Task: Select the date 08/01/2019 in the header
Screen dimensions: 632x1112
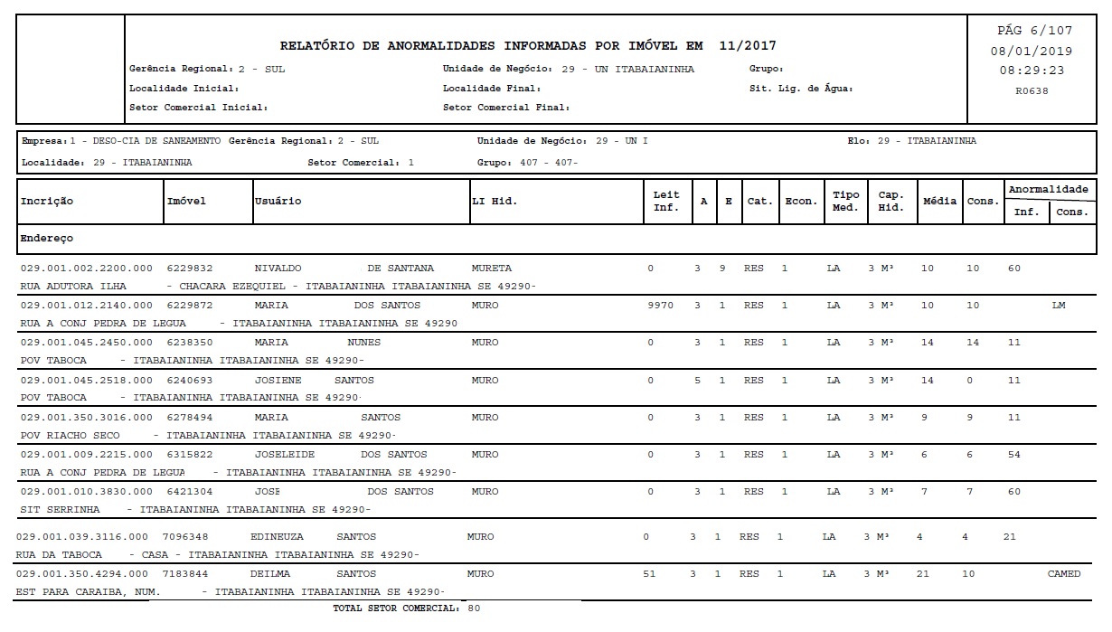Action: (x=1032, y=51)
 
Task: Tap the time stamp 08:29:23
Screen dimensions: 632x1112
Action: (x=1032, y=71)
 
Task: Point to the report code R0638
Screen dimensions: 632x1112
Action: (x=1032, y=90)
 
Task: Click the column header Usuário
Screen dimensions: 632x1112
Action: (x=278, y=201)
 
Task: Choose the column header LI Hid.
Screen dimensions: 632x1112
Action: (x=495, y=201)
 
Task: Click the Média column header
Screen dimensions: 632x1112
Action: (x=939, y=201)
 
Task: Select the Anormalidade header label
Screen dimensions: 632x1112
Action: (x=1048, y=190)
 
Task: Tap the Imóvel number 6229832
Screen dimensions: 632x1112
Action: (x=190, y=269)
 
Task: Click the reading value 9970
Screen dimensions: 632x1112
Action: (x=661, y=306)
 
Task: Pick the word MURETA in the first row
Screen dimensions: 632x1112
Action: (x=492, y=269)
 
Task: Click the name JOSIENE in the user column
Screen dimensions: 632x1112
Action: (x=278, y=381)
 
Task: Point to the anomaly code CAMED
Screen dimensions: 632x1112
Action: (x=1064, y=574)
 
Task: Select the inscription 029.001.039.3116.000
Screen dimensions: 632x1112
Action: (x=81, y=537)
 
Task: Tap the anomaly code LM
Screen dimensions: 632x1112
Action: (x=1059, y=306)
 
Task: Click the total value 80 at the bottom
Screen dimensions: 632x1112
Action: (x=475, y=608)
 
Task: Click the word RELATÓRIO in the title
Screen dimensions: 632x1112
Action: (x=321, y=46)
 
